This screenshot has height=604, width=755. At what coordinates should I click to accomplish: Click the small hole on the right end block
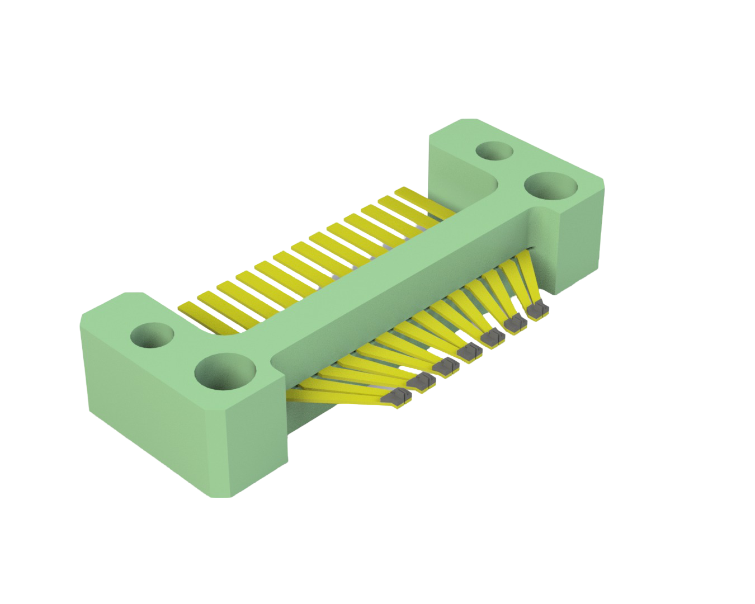pos(495,150)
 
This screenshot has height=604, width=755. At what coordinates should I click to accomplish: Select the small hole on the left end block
pos(152,336)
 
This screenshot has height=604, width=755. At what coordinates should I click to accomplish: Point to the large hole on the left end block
pos(224,372)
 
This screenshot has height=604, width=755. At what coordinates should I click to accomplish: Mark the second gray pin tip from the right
pos(515,324)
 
